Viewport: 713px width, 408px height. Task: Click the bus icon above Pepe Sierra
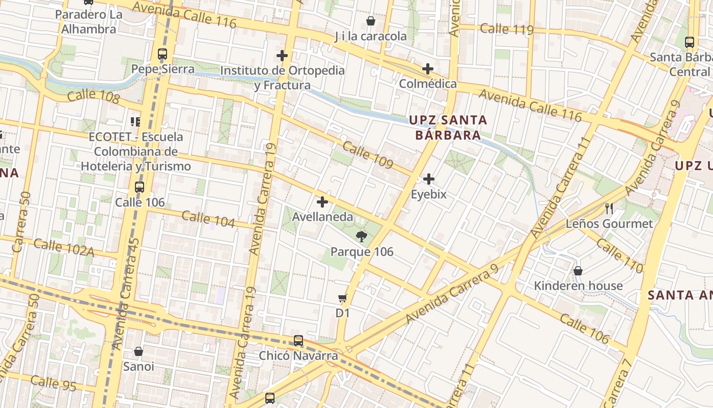pos(162,54)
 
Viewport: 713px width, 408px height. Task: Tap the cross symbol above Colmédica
pos(428,68)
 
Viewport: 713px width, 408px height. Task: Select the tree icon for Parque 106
pos(362,236)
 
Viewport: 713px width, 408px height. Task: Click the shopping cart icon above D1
pos(343,298)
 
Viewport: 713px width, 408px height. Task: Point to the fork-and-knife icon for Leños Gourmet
pos(609,208)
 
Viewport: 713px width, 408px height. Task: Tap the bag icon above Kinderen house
pos(578,270)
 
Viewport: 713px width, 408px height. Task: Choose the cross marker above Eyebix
pos(429,179)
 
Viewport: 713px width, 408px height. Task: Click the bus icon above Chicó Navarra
pos(298,340)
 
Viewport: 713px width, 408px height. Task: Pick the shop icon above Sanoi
pos(139,351)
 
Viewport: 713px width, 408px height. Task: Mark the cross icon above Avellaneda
pos(322,201)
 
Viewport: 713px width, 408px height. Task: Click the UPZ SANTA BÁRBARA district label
pos(448,127)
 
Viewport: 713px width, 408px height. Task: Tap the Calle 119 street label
pos(506,29)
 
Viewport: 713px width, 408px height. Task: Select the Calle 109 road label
pos(368,155)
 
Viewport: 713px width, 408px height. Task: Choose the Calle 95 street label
pos(53,382)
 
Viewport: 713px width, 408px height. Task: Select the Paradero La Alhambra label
pos(89,22)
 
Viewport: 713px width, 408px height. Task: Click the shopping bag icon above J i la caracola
pos(371,21)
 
